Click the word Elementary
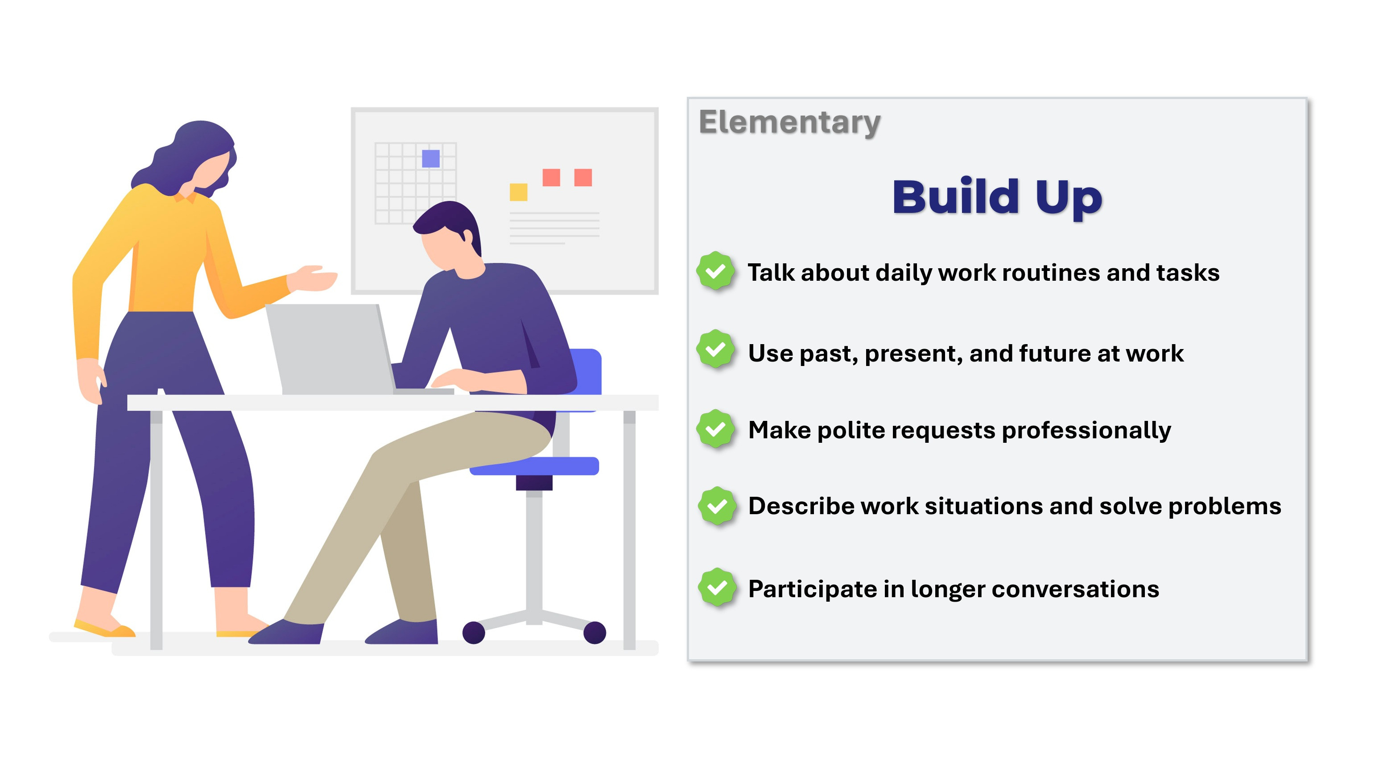(x=789, y=123)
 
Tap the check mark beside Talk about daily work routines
(x=715, y=271)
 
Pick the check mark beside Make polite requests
(x=715, y=429)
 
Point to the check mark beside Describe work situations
(x=717, y=506)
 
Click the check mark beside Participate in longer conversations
(x=717, y=587)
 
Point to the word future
(x=1054, y=354)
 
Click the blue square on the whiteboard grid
(x=431, y=158)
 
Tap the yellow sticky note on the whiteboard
(x=518, y=192)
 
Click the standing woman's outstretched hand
(x=315, y=278)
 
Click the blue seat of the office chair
(x=534, y=466)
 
